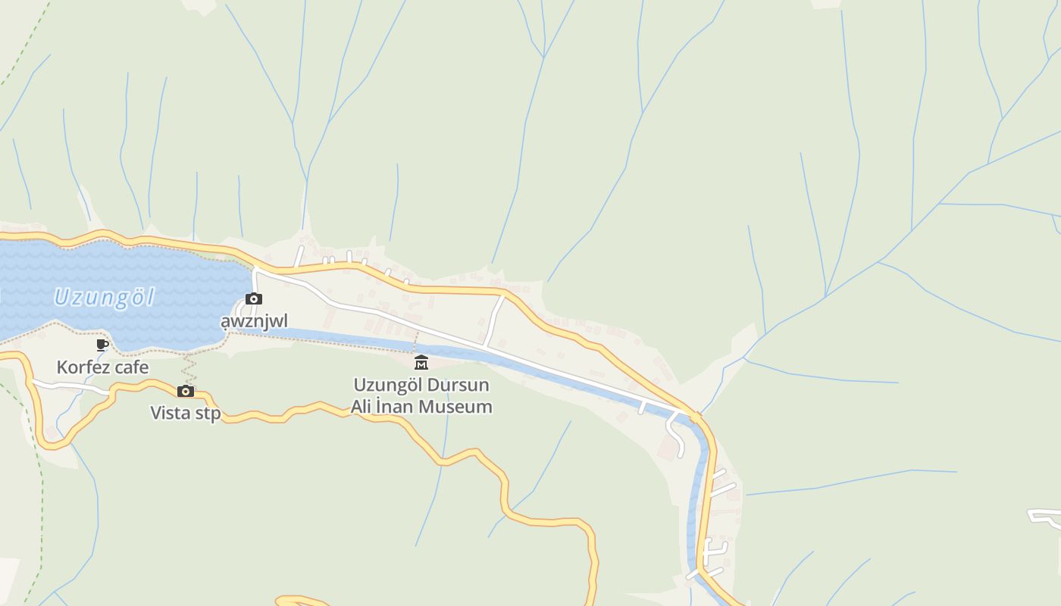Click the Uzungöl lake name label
[x=104, y=297]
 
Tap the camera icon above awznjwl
[x=254, y=299]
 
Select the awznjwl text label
[x=254, y=321]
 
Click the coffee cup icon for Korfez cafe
[x=103, y=345]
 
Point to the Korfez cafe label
[x=102, y=368]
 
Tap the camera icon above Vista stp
[x=186, y=391]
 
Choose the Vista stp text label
[x=186, y=413]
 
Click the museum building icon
[x=421, y=362]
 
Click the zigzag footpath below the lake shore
[x=189, y=369]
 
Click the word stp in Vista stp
[x=207, y=414]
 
